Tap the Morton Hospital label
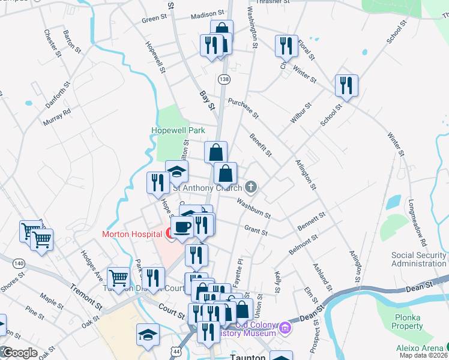click(x=132, y=234)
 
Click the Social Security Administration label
click(x=419, y=259)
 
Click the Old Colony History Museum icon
click(x=285, y=329)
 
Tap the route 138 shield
click(x=224, y=79)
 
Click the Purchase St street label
click(x=243, y=108)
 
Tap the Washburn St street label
click(x=253, y=208)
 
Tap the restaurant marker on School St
click(x=346, y=86)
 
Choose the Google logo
click(x=19, y=353)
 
